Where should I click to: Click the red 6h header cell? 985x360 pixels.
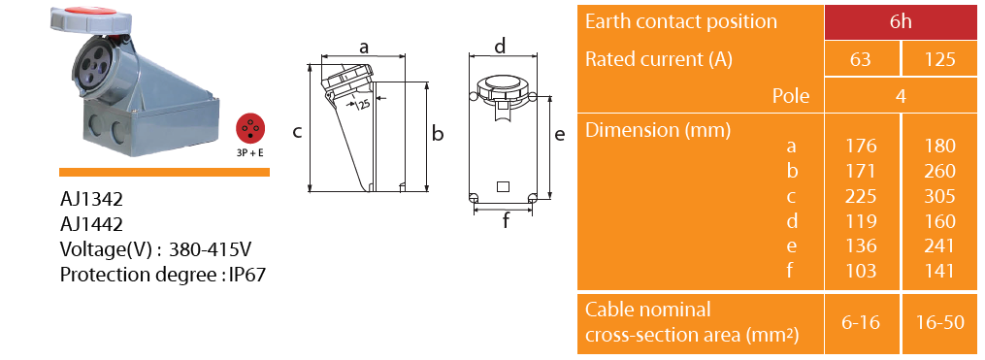click(x=901, y=22)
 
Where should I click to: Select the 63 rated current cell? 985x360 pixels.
click(x=861, y=59)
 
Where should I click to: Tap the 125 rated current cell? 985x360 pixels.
click(x=939, y=59)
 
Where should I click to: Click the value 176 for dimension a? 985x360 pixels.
click(x=861, y=146)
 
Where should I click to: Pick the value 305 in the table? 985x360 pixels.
click(x=939, y=196)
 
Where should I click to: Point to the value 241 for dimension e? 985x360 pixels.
click(x=939, y=245)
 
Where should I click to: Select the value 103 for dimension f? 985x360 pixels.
click(x=861, y=271)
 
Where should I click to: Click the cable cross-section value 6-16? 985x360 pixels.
click(x=861, y=322)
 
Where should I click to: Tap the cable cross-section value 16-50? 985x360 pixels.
click(x=939, y=322)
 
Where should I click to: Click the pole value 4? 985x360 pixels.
click(x=901, y=95)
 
